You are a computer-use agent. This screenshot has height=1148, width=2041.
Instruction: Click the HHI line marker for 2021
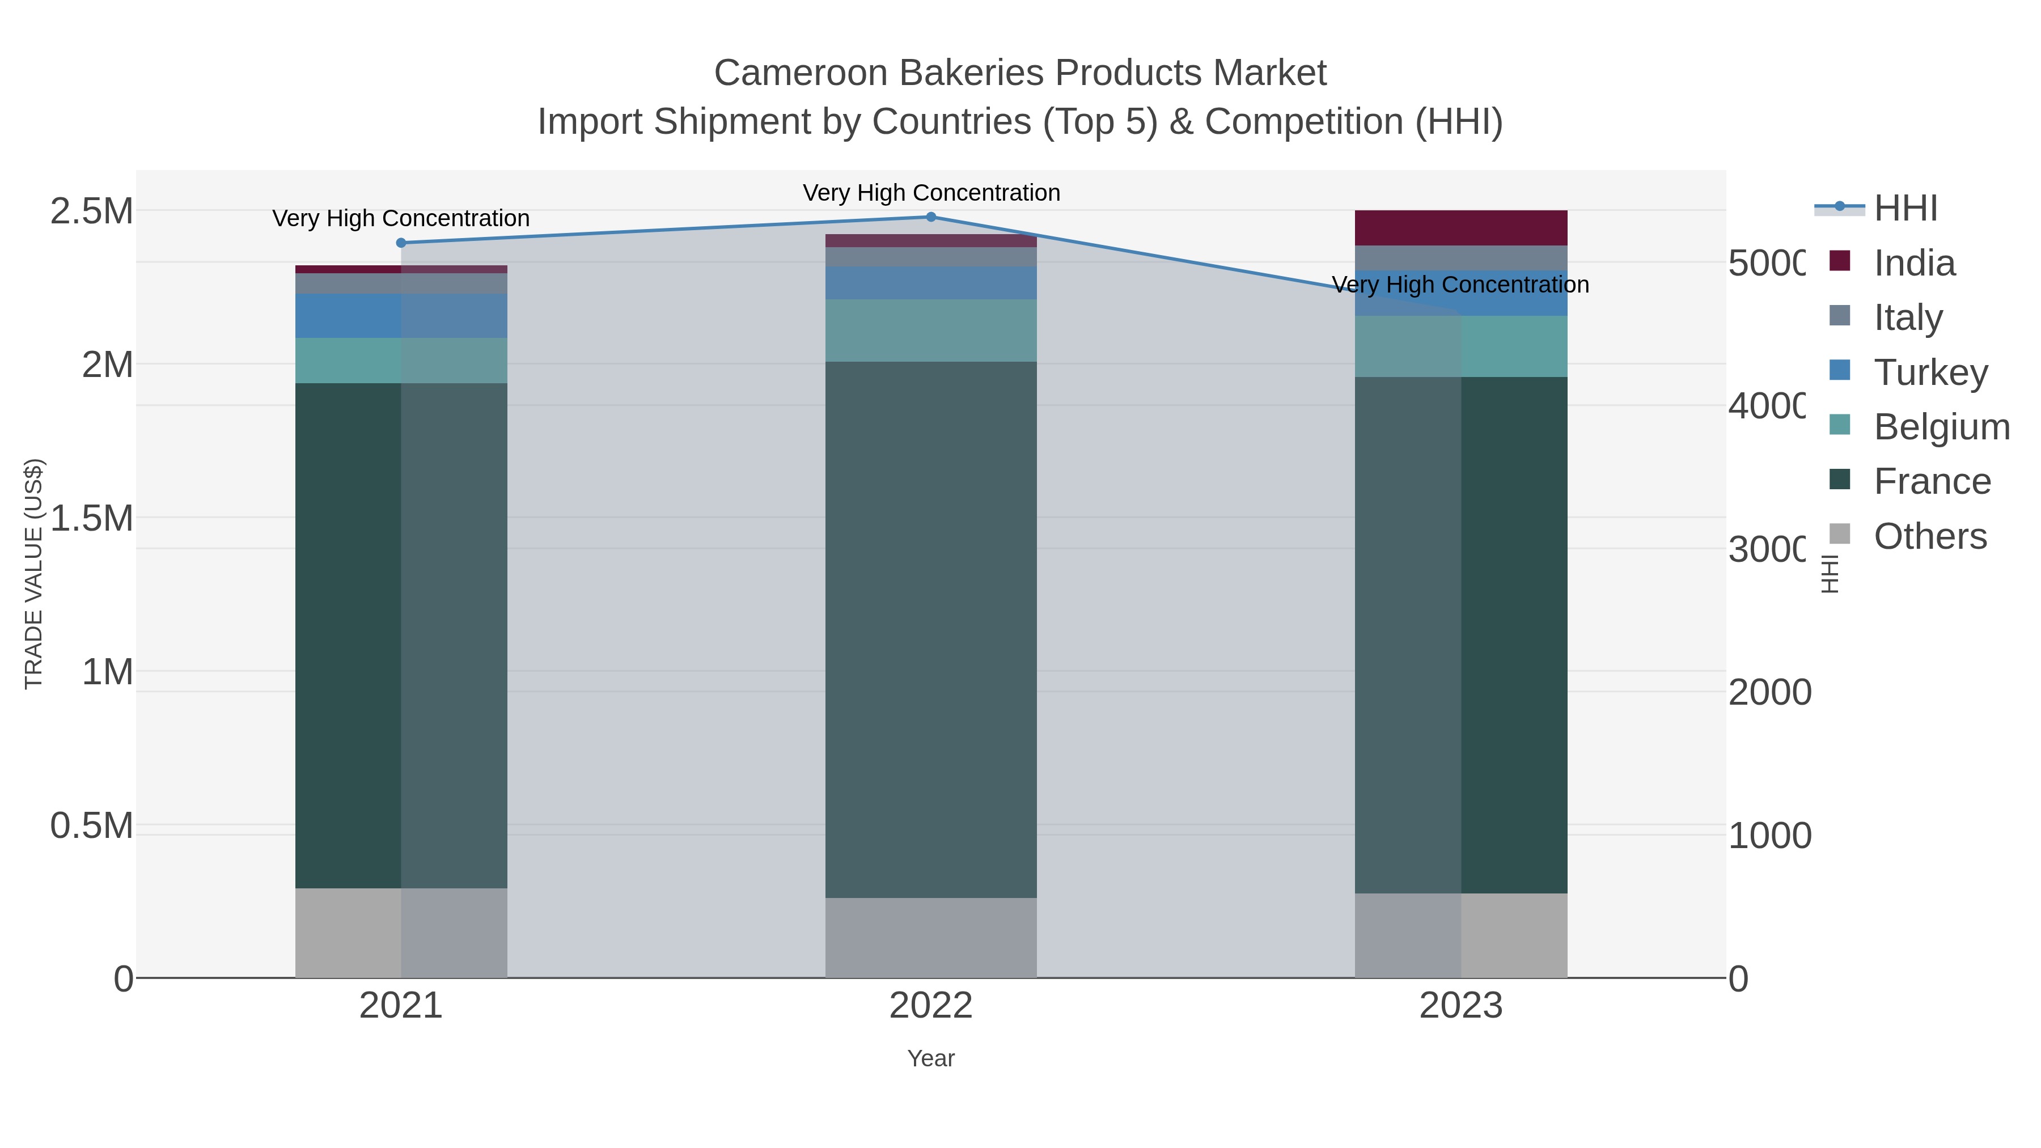[x=401, y=243]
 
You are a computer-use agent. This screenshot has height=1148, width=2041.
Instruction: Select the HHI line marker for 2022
[x=931, y=217]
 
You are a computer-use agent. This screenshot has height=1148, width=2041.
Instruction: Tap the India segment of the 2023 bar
[x=1460, y=228]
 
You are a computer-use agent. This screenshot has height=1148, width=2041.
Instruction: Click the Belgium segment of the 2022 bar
[x=931, y=331]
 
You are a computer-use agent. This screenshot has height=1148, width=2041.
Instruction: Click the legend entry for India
[x=1914, y=263]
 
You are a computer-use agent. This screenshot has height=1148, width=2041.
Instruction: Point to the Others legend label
[x=1930, y=536]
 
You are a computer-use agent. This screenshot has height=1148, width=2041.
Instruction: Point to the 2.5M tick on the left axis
[x=92, y=211]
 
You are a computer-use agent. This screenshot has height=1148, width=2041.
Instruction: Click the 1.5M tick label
[x=92, y=519]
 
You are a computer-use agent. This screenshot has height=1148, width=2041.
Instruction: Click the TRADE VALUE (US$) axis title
[x=33, y=574]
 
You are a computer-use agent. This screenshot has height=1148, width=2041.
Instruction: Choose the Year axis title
[x=931, y=1058]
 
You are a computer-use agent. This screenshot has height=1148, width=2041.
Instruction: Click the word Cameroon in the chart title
[x=801, y=73]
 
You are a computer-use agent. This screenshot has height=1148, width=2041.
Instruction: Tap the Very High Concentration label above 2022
[x=931, y=193]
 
